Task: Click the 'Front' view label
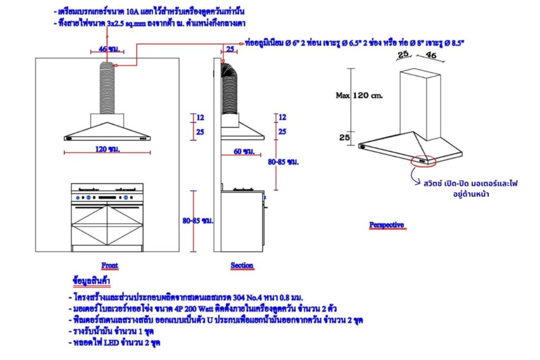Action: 110,265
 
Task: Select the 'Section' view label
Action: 242,265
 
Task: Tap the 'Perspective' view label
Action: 387,225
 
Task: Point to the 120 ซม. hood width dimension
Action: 108,149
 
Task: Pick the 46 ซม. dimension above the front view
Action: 108,49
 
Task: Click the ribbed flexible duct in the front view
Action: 108,87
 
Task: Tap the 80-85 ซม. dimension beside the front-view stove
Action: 198,222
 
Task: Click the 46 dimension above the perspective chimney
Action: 430,54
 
